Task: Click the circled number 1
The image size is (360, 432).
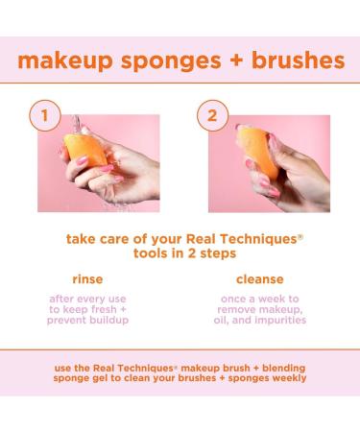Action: point(42,116)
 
